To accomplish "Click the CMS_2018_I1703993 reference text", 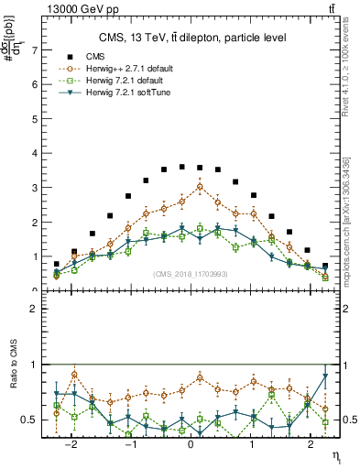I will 191,274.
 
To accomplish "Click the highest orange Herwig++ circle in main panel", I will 200,187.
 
